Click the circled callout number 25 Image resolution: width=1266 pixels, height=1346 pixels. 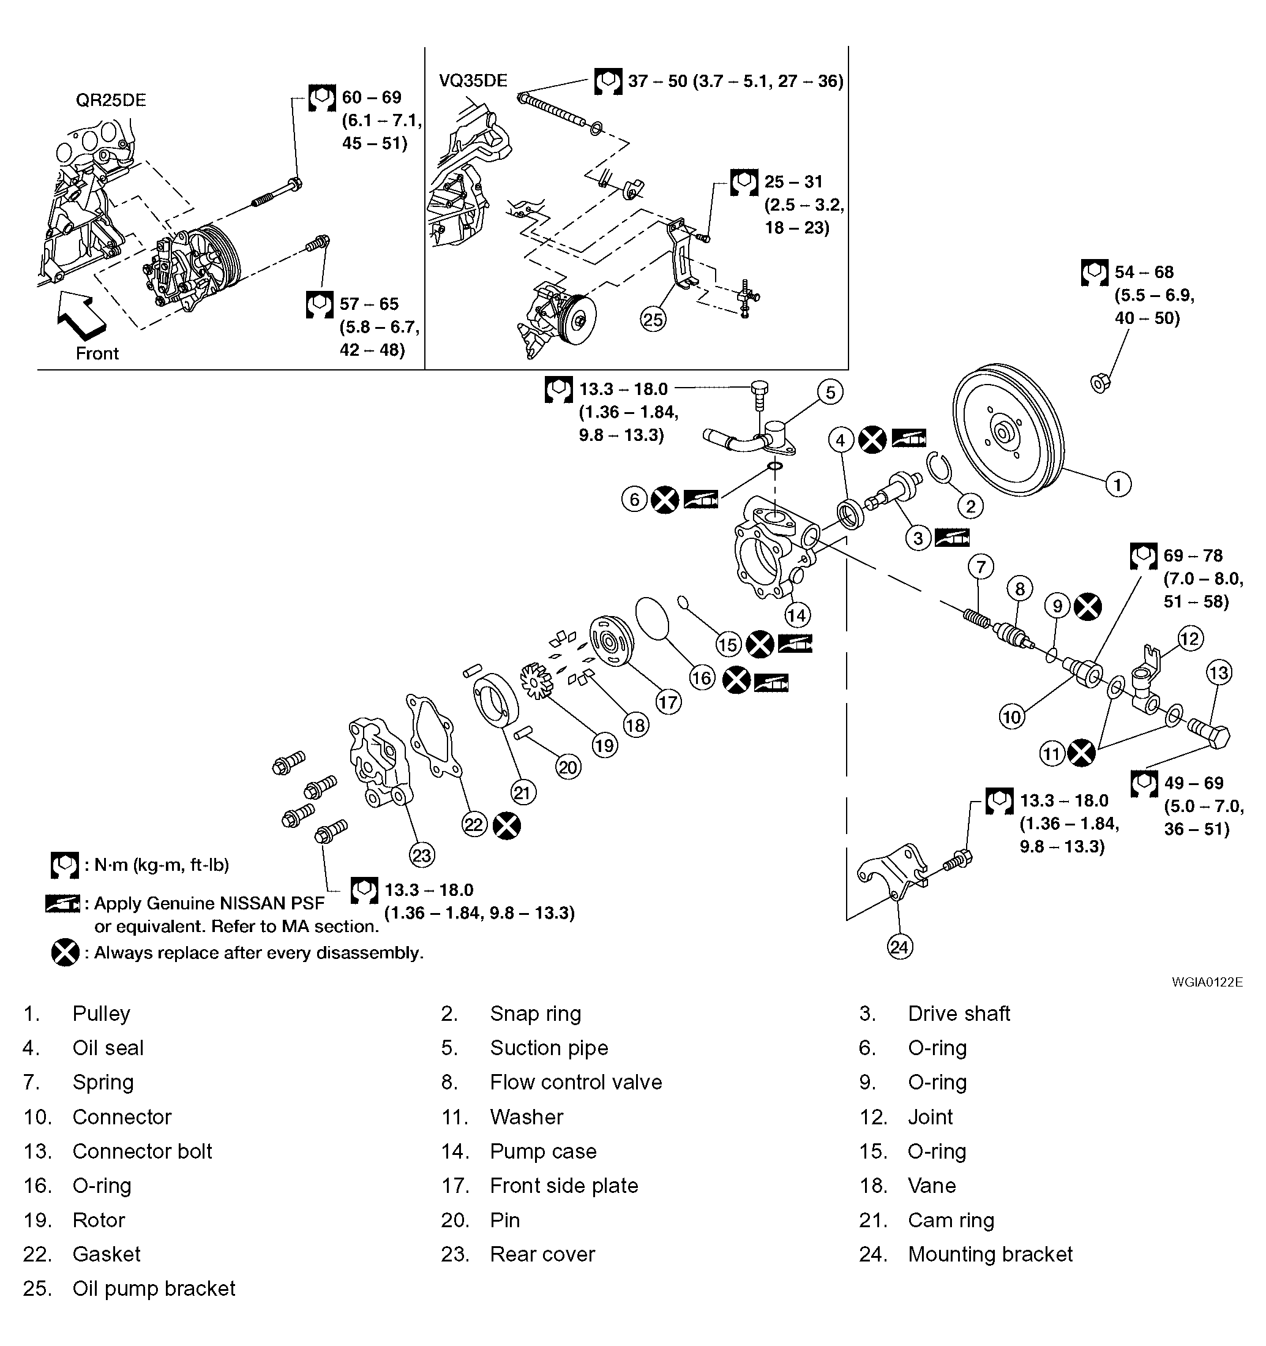(x=653, y=320)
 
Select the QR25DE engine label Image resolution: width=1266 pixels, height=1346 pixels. (x=110, y=100)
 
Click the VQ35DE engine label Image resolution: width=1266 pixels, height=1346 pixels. (x=473, y=81)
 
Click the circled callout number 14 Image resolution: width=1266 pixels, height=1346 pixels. (x=796, y=615)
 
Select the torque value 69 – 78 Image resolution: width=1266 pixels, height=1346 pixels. (x=1193, y=556)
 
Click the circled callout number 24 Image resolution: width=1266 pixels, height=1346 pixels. (x=899, y=946)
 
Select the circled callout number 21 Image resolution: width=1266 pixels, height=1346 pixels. (x=523, y=792)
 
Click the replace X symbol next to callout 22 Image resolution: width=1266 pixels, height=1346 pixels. (x=506, y=825)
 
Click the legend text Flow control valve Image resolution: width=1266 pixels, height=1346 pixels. (x=575, y=1082)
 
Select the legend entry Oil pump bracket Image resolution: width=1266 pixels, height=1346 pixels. (x=154, y=1288)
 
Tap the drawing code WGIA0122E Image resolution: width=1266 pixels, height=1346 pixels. (x=1207, y=982)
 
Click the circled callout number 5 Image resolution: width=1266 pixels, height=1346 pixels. (x=830, y=392)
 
